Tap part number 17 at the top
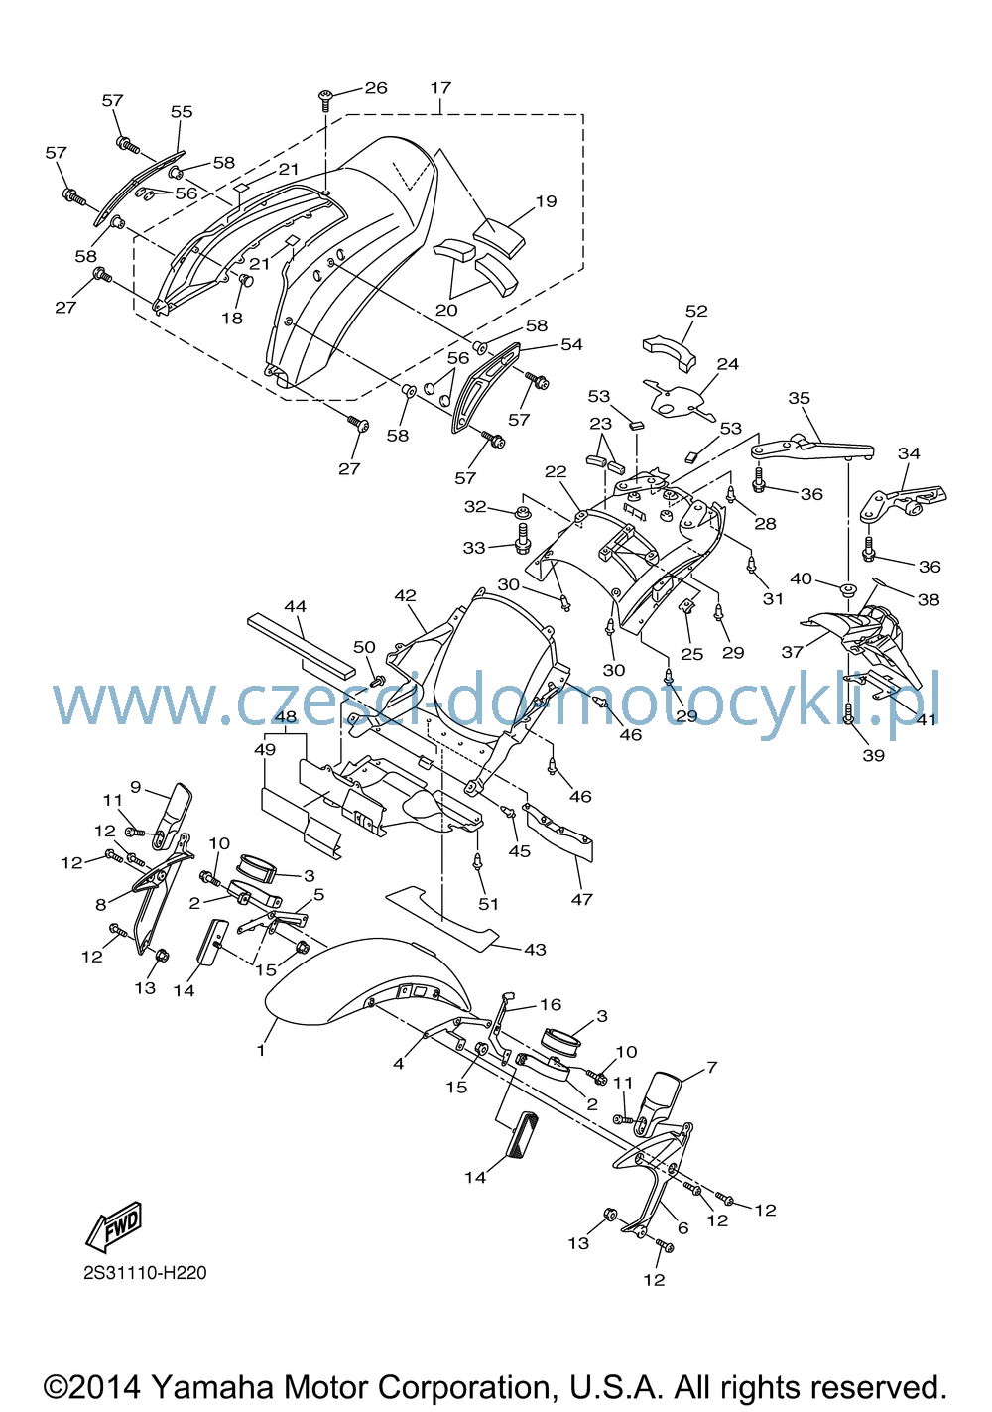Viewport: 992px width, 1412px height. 440,87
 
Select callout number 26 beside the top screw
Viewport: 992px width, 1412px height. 376,87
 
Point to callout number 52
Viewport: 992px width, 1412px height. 696,311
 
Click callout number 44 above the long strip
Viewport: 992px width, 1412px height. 295,606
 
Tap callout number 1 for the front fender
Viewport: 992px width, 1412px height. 260,1050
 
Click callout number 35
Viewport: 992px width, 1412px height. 800,398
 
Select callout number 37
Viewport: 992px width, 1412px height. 793,652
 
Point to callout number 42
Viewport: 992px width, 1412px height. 406,595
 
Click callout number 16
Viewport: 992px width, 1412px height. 551,1004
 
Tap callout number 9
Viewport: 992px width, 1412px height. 136,787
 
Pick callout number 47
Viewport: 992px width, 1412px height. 581,899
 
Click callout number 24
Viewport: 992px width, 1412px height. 728,364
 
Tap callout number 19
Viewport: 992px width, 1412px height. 546,201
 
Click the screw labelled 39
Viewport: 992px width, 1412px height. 849,712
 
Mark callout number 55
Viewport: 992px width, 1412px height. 182,111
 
